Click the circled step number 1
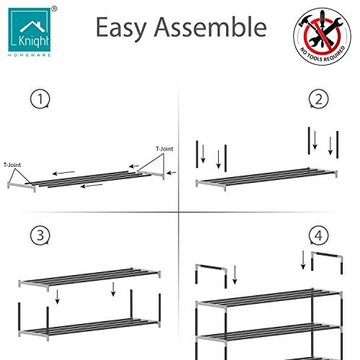pos(40,99)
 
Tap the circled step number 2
pos(318,99)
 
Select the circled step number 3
pos(40,235)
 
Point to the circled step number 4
pos(318,235)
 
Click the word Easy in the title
pos(121,28)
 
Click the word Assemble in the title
pos(210,27)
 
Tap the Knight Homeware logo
pos(30,32)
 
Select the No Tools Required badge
pos(322,36)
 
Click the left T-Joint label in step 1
pos(12,165)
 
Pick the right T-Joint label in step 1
pos(164,149)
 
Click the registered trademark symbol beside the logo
pos(55,9)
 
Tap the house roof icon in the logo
pos(32,27)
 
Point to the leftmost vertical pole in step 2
pos(197,154)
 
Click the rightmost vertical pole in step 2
pos(337,145)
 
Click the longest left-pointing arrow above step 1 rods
pos(63,173)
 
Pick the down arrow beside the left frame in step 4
pos(235,274)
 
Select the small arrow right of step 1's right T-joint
pos(171,173)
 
